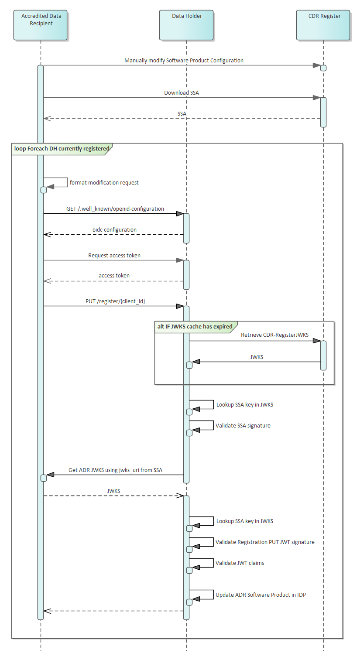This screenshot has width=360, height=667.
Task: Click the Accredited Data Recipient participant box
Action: [x=41, y=25]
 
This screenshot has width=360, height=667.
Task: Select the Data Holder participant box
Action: [x=187, y=25]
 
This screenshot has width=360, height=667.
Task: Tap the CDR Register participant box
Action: [x=323, y=25]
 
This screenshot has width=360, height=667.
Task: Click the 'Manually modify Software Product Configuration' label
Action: [x=184, y=61]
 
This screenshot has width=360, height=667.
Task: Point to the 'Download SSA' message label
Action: [x=182, y=92]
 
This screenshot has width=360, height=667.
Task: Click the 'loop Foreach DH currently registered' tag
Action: [x=62, y=149]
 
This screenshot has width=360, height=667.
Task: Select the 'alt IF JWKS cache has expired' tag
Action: [x=195, y=327]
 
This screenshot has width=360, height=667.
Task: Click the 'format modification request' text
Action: [x=104, y=183]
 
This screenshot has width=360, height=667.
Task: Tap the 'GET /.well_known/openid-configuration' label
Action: [x=115, y=209]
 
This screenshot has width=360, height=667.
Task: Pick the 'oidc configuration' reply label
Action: [x=114, y=230]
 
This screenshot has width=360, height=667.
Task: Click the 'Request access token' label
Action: [x=114, y=256]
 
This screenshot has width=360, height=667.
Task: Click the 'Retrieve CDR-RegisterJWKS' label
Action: [x=274, y=335]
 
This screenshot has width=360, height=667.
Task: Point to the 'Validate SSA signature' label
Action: [x=243, y=426]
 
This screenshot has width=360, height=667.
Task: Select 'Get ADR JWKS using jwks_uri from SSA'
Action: [x=115, y=470]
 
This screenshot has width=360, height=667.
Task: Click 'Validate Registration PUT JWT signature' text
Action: [x=265, y=542]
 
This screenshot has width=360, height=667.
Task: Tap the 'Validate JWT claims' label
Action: [x=240, y=563]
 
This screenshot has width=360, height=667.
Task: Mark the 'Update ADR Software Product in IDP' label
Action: [x=261, y=595]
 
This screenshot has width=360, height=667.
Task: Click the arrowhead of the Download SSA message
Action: [x=316, y=98]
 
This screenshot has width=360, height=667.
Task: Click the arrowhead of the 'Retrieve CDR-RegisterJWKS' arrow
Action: [x=316, y=341]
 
